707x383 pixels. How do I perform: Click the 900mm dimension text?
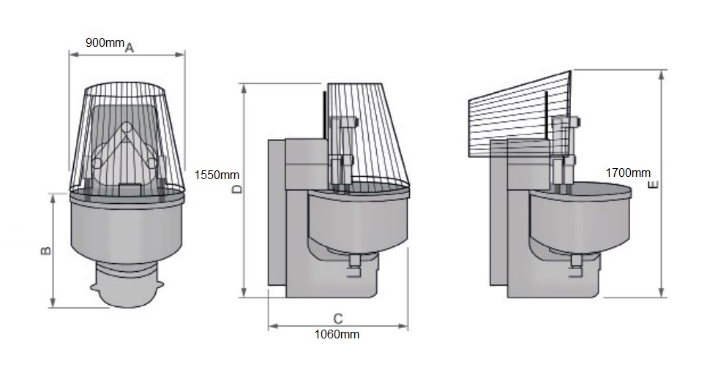click(105, 42)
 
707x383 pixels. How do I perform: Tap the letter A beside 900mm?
click(129, 48)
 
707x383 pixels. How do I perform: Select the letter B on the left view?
click(45, 251)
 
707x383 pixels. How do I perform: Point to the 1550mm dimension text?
click(217, 175)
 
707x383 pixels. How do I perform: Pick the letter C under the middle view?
click(337, 319)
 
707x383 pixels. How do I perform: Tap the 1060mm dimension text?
click(337, 335)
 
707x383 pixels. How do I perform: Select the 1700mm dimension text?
click(628, 173)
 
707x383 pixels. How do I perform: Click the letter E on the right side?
click(654, 184)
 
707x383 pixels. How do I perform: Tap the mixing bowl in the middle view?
click(358, 219)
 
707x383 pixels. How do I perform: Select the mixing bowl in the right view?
click(580, 216)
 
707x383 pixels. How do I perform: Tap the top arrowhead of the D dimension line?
click(244, 86)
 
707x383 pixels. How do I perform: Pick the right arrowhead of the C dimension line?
click(406, 327)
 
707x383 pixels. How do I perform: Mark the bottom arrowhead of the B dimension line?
click(53, 304)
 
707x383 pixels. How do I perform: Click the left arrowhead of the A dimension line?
click(72, 53)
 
